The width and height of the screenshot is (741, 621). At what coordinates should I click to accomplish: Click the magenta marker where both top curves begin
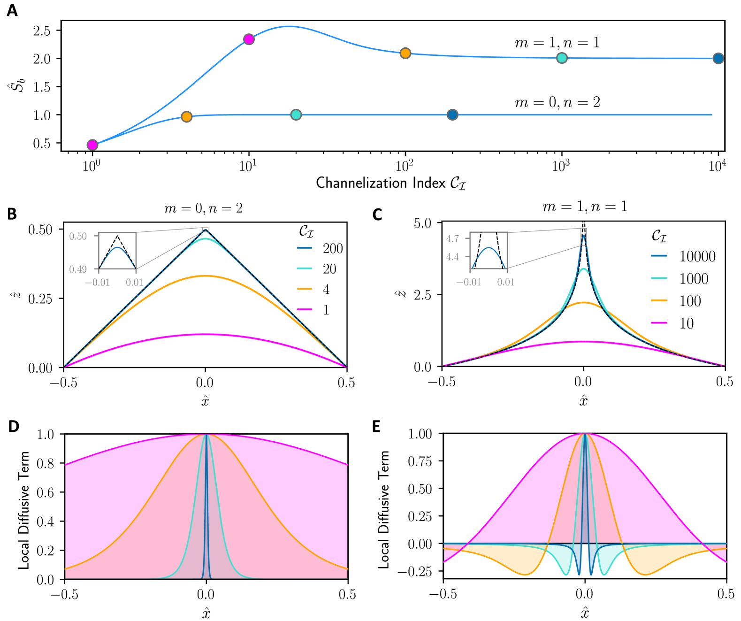click(x=92, y=145)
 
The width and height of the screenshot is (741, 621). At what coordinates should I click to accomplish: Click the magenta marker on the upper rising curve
click(x=249, y=39)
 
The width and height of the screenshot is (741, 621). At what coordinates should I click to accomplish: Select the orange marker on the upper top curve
click(x=405, y=53)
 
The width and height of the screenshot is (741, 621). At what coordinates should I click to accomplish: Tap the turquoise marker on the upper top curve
click(x=562, y=58)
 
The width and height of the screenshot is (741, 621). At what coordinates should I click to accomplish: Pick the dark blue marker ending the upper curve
click(x=718, y=58)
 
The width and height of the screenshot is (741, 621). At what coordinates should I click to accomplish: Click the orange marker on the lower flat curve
click(x=187, y=116)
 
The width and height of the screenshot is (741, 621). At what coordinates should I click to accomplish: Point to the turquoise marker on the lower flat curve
click(x=296, y=115)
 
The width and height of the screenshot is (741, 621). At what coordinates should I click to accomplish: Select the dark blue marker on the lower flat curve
click(x=452, y=115)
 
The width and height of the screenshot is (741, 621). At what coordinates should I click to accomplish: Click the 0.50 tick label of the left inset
click(x=78, y=236)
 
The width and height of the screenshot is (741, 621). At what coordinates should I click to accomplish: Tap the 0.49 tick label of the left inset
click(x=78, y=269)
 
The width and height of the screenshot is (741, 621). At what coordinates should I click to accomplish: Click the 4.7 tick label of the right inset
click(x=452, y=238)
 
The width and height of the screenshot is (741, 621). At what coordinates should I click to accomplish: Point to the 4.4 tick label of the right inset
click(x=452, y=257)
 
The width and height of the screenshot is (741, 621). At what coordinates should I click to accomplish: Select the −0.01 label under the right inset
click(x=468, y=282)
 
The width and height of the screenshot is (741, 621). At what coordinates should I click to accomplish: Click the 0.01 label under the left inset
click(x=135, y=282)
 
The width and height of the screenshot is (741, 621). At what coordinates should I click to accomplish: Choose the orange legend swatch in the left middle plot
click(x=305, y=289)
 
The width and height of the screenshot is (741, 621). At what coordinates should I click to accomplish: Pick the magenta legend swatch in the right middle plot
click(x=659, y=322)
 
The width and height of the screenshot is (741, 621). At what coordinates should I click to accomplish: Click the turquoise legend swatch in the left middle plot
click(x=305, y=268)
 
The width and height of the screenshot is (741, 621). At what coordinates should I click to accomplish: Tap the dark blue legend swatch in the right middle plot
click(x=659, y=255)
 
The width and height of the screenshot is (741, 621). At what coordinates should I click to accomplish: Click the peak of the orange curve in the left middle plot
click(x=206, y=276)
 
